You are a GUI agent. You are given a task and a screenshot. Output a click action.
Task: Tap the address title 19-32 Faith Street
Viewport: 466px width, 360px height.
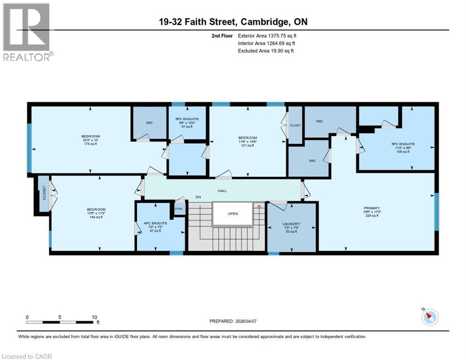[x=232, y=22]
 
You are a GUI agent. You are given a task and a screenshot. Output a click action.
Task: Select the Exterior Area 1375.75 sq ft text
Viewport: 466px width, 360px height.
[x=267, y=36]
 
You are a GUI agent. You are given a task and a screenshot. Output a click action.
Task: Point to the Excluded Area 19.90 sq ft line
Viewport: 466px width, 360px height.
[x=266, y=51]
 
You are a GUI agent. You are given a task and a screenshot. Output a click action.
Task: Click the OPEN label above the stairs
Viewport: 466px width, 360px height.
[x=233, y=214]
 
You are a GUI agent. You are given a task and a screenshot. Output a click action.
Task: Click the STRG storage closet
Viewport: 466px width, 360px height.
[x=179, y=209]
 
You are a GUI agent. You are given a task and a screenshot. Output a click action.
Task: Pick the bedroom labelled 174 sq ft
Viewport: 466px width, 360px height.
[x=90, y=139]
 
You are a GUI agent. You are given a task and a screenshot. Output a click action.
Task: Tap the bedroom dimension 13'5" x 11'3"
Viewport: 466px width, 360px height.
[x=96, y=214]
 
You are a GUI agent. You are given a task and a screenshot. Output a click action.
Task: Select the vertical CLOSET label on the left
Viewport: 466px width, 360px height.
[x=44, y=193]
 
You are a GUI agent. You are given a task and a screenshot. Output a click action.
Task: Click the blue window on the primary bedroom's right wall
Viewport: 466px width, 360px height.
[x=436, y=211]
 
